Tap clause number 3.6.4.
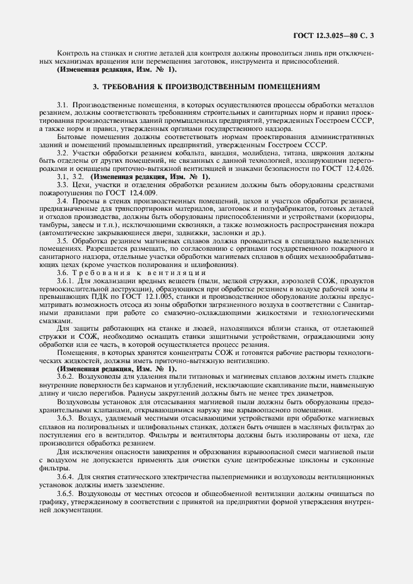coord(66,476)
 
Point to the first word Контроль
coord(74,53)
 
